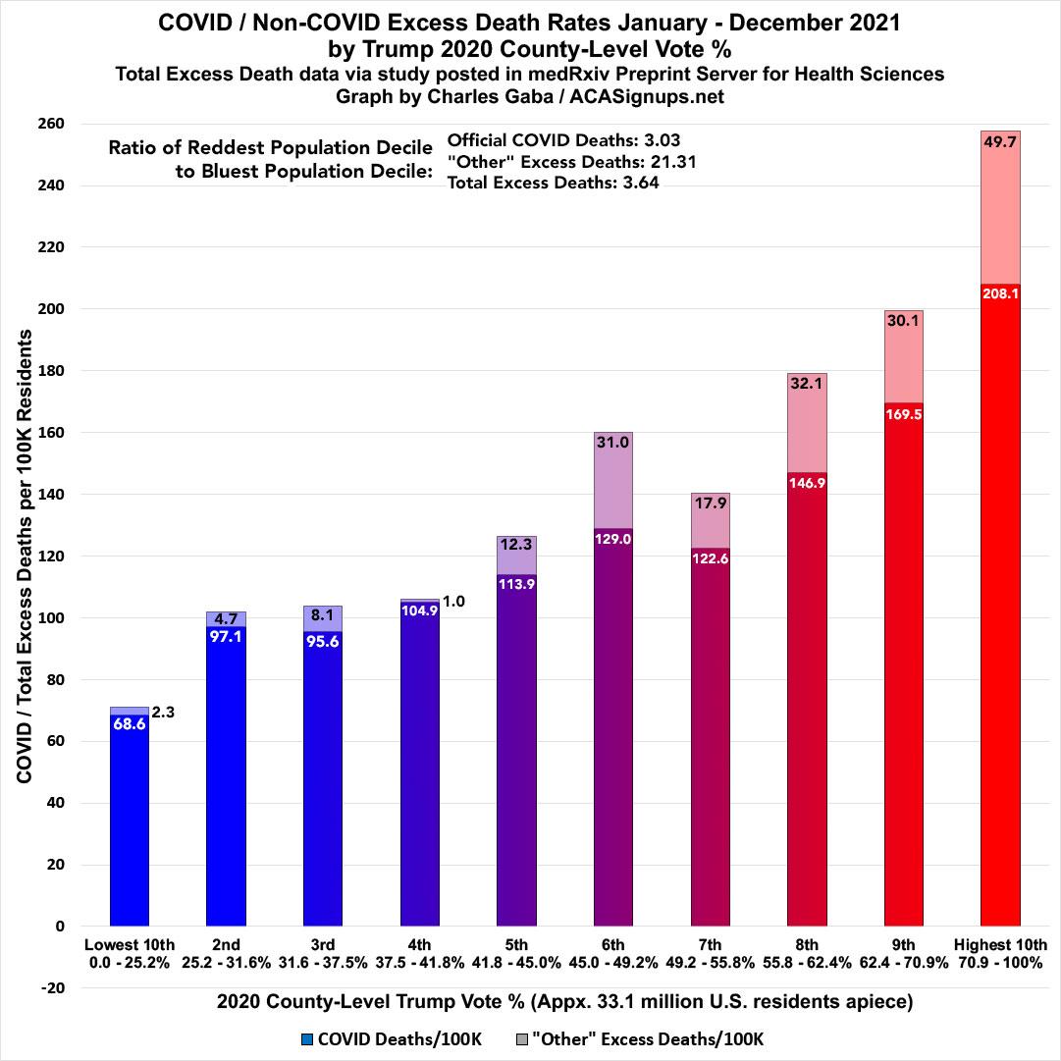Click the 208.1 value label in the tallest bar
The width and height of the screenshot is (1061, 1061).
1000,292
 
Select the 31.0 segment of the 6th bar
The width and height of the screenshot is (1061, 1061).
613,481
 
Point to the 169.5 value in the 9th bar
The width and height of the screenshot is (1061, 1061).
903,413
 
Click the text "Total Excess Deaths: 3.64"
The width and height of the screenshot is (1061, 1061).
552,182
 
